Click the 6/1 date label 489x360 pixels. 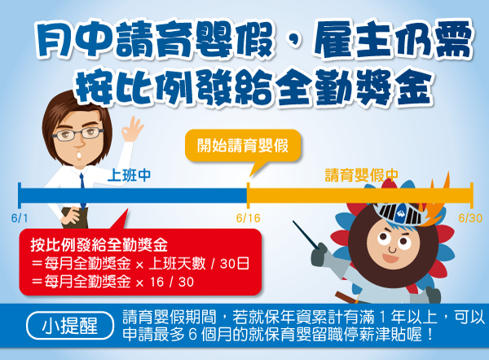[20, 219]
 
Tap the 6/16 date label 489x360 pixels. [247, 219]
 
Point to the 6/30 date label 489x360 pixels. [470, 219]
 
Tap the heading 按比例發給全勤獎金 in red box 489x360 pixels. [98, 244]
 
